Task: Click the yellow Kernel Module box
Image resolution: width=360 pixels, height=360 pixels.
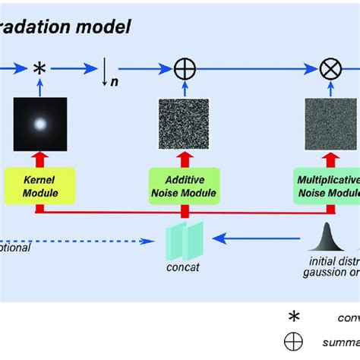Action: (40, 187)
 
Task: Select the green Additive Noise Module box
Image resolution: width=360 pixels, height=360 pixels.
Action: (186, 187)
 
